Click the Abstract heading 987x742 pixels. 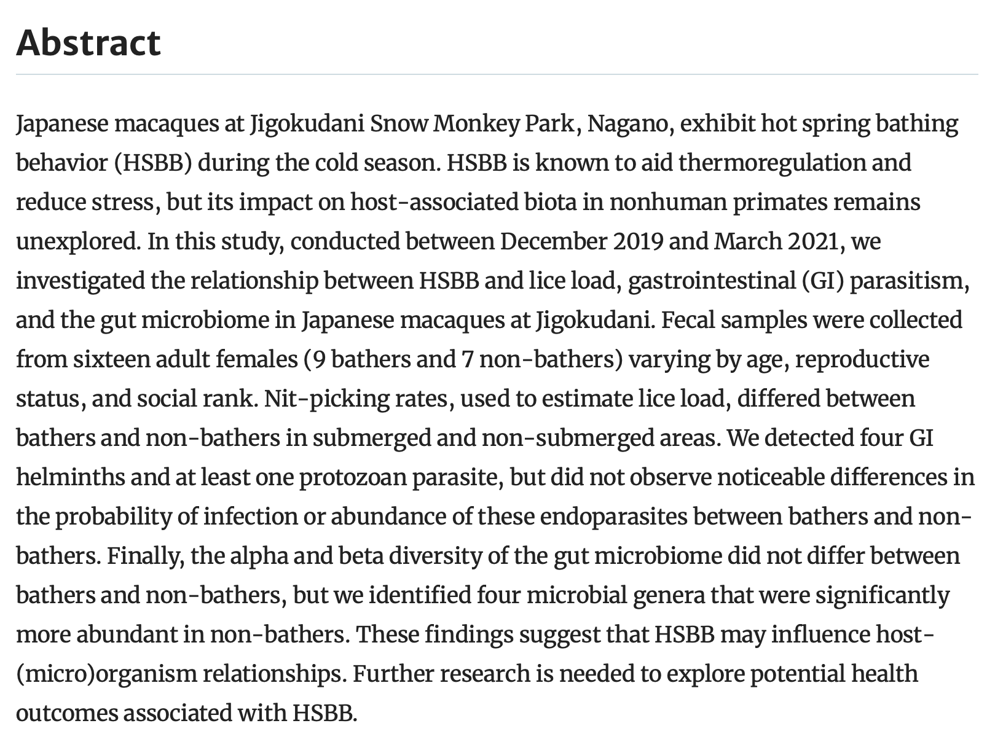tap(88, 43)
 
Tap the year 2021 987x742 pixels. tap(813, 242)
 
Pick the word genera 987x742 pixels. tap(667, 596)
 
